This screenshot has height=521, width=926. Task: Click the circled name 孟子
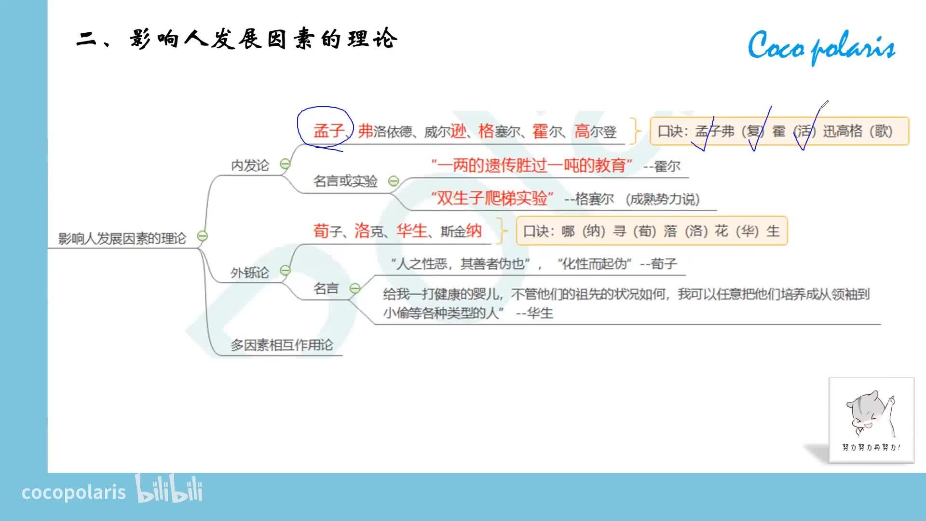pos(329,131)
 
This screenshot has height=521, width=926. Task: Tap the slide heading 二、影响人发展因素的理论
pos(237,39)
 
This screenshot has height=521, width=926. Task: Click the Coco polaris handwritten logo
pos(821,47)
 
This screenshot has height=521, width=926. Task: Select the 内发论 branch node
pos(250,165)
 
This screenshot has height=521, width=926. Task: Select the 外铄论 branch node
pos(250,273)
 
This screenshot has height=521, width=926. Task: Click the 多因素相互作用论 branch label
pos(282,345)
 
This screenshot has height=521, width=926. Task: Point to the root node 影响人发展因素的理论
pos(122,238)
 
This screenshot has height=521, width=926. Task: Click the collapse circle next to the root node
pos(203,236)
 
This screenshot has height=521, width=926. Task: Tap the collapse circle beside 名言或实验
pos(394,181)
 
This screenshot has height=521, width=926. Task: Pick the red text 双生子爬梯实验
pos(492,198)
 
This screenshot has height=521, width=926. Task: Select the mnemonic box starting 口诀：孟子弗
pos(779,131)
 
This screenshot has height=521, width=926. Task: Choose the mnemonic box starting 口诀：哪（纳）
pos(652,231)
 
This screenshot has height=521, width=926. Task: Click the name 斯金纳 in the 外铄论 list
pos(461,231)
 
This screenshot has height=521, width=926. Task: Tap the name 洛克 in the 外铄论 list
pos(369,231)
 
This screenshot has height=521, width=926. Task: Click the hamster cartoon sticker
pos(871,420)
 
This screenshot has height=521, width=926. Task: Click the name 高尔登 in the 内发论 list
pos(596,131)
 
